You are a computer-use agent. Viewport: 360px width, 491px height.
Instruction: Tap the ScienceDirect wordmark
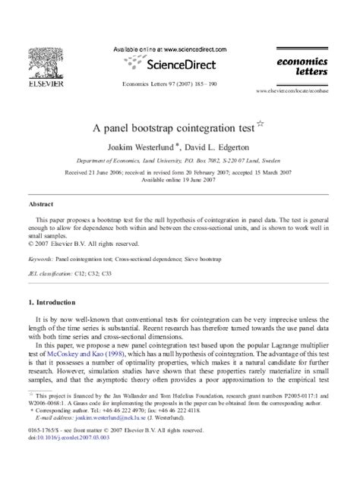182,64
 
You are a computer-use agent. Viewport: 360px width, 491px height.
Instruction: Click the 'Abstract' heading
40,204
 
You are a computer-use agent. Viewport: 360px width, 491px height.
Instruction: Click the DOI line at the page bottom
56,458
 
